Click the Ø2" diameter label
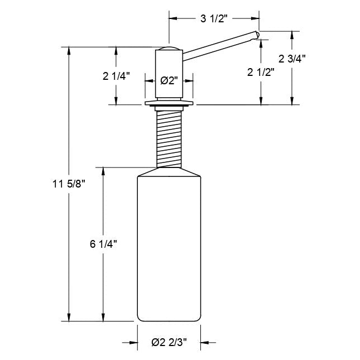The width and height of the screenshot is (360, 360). tap(169, 80)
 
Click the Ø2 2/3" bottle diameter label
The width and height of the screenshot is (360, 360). tap(169, 343)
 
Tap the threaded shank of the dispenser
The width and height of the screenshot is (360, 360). tap(169, 136)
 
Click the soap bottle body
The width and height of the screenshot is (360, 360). tap(169, 251)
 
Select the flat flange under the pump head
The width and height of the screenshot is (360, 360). tap(169, 104)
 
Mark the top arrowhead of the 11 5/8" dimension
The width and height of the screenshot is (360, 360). tap(69, 51)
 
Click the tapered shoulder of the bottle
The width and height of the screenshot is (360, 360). tap(169, 172)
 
